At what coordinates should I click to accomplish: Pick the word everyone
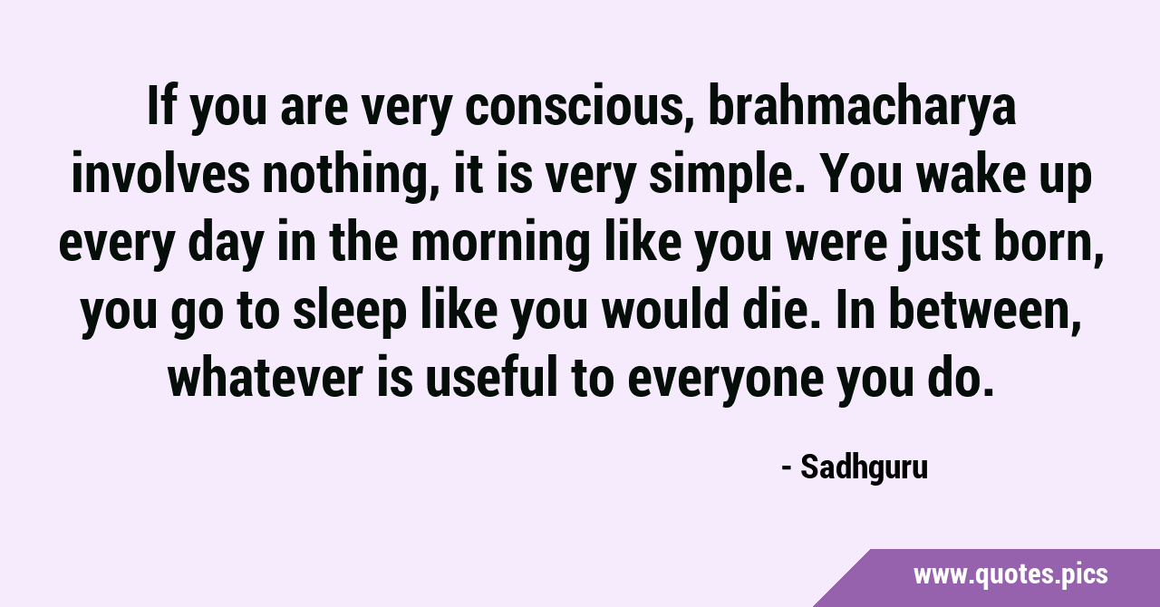(x=726, y=381)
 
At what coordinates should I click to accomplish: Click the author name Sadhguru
(x=864, y=467)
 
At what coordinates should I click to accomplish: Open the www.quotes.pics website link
(x=1010, y=575)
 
